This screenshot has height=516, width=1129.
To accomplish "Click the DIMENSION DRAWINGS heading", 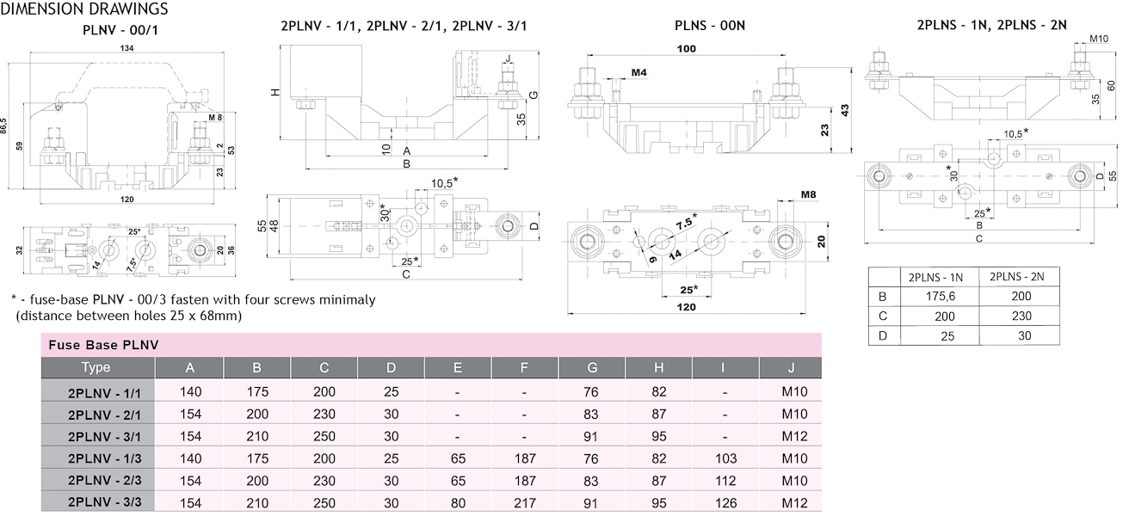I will point(84,9).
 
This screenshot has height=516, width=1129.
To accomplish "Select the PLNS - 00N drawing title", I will point(710,26).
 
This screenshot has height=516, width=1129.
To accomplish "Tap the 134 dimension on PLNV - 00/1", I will point(127,49).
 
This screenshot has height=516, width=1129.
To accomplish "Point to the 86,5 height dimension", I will point(9,126).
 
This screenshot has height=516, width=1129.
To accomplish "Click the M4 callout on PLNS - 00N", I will point(639,73).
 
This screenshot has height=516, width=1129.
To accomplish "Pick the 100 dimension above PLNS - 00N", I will point(686,49).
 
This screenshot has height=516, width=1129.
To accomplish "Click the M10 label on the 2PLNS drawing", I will point(1099,39).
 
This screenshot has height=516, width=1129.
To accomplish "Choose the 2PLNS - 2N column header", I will point(1017,277).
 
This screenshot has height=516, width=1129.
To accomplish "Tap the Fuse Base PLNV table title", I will point(92,345).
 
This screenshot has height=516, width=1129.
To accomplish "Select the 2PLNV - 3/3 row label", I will point(98,502).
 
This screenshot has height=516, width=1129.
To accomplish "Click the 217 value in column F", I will point(525,502).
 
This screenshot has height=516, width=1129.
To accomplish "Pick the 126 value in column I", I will point(727,502).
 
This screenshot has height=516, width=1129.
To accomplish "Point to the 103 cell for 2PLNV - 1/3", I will point(727,458).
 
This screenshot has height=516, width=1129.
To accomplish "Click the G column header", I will point(592,368).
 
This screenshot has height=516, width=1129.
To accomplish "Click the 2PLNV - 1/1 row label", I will point(98,391).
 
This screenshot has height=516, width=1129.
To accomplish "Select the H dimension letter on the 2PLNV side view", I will point(275,91).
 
